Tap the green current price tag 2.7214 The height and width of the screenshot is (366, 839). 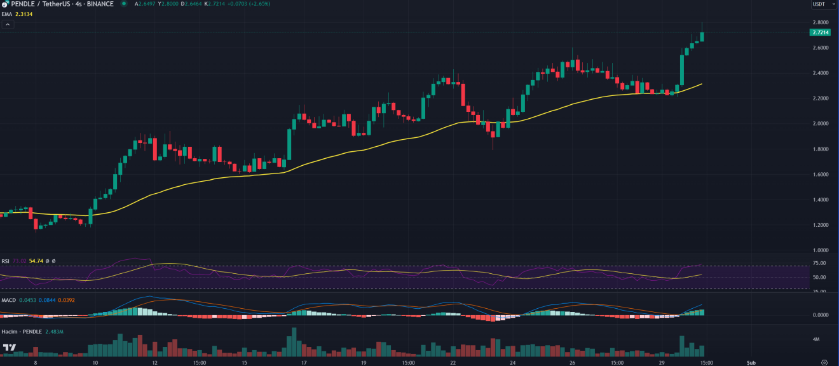click(x=821, y=32)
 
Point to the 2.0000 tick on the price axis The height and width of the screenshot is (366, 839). click(x=821, y=124)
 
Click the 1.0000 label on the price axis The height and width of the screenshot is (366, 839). click(x=821, y=250)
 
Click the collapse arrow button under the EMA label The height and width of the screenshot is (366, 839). click(x=8, y=24)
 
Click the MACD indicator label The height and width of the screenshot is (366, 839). click(x=8, y=300)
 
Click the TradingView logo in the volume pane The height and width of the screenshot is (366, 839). click(x=10, y=348)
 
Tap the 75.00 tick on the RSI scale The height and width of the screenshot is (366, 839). click(x=819, y=263)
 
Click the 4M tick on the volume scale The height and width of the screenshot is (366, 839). click(x=815, y=339)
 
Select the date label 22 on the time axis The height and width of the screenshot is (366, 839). click(x=453, y=363)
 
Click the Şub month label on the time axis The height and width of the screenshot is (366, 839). click(x=751, y=363)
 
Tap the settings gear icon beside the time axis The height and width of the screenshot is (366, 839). click(x=824, y=362)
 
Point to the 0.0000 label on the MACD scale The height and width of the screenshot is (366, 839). click(x=821, y=315)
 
